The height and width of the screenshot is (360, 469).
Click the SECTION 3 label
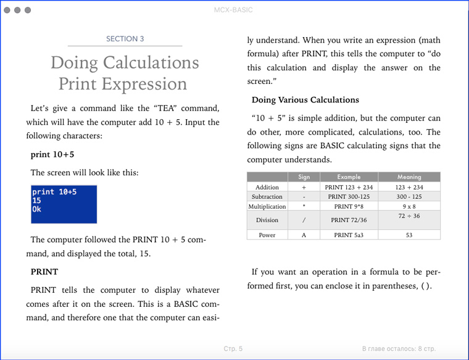click(125, 39)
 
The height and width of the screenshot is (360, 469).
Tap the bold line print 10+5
click(52, 154)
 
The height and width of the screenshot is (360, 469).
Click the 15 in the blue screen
click(36, 201)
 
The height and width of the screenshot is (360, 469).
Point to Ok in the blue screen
click(36, 209)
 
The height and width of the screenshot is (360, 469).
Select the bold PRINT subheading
click(44, 272)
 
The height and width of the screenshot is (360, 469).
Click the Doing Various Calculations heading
click(305, 100)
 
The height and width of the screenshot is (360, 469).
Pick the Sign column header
click(304, 177)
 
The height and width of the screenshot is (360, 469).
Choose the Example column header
click(349, 177)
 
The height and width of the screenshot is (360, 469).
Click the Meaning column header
click(409, 177)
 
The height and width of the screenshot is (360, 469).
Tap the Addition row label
click(267, 187)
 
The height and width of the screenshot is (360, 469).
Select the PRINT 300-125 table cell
click(349, 196)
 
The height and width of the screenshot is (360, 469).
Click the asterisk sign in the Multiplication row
click(304, 206)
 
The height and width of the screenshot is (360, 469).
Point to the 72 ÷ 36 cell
click(409, 216)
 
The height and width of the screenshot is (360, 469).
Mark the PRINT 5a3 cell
click(349, 235)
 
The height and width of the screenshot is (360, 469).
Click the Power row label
click(267, 235)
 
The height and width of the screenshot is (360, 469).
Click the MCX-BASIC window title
click(233, 10)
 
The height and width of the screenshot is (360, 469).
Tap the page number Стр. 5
click(233, 349)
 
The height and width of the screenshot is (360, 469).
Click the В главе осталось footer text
click(399, 349)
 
